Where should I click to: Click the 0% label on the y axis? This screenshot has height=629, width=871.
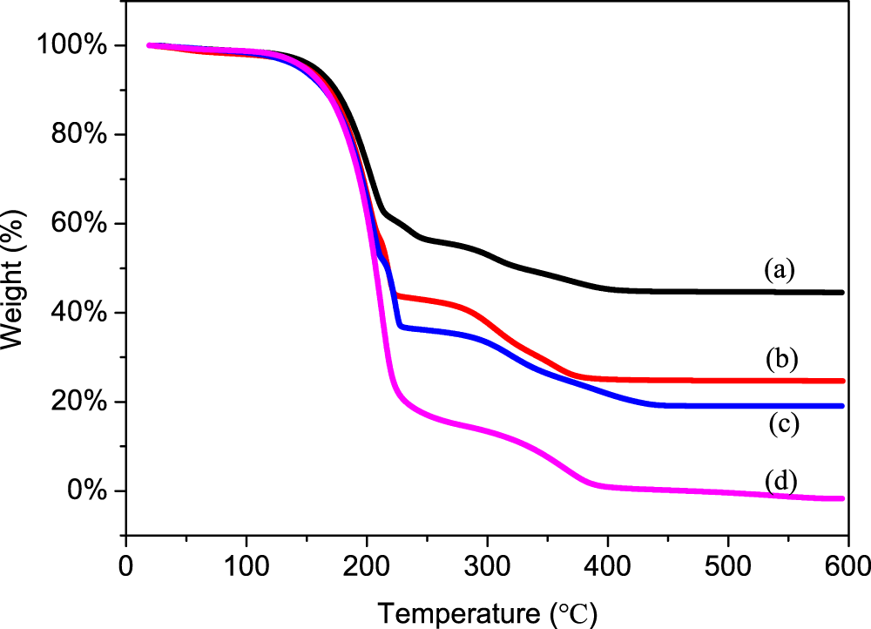90,491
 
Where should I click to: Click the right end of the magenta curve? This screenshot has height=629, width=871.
842,498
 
